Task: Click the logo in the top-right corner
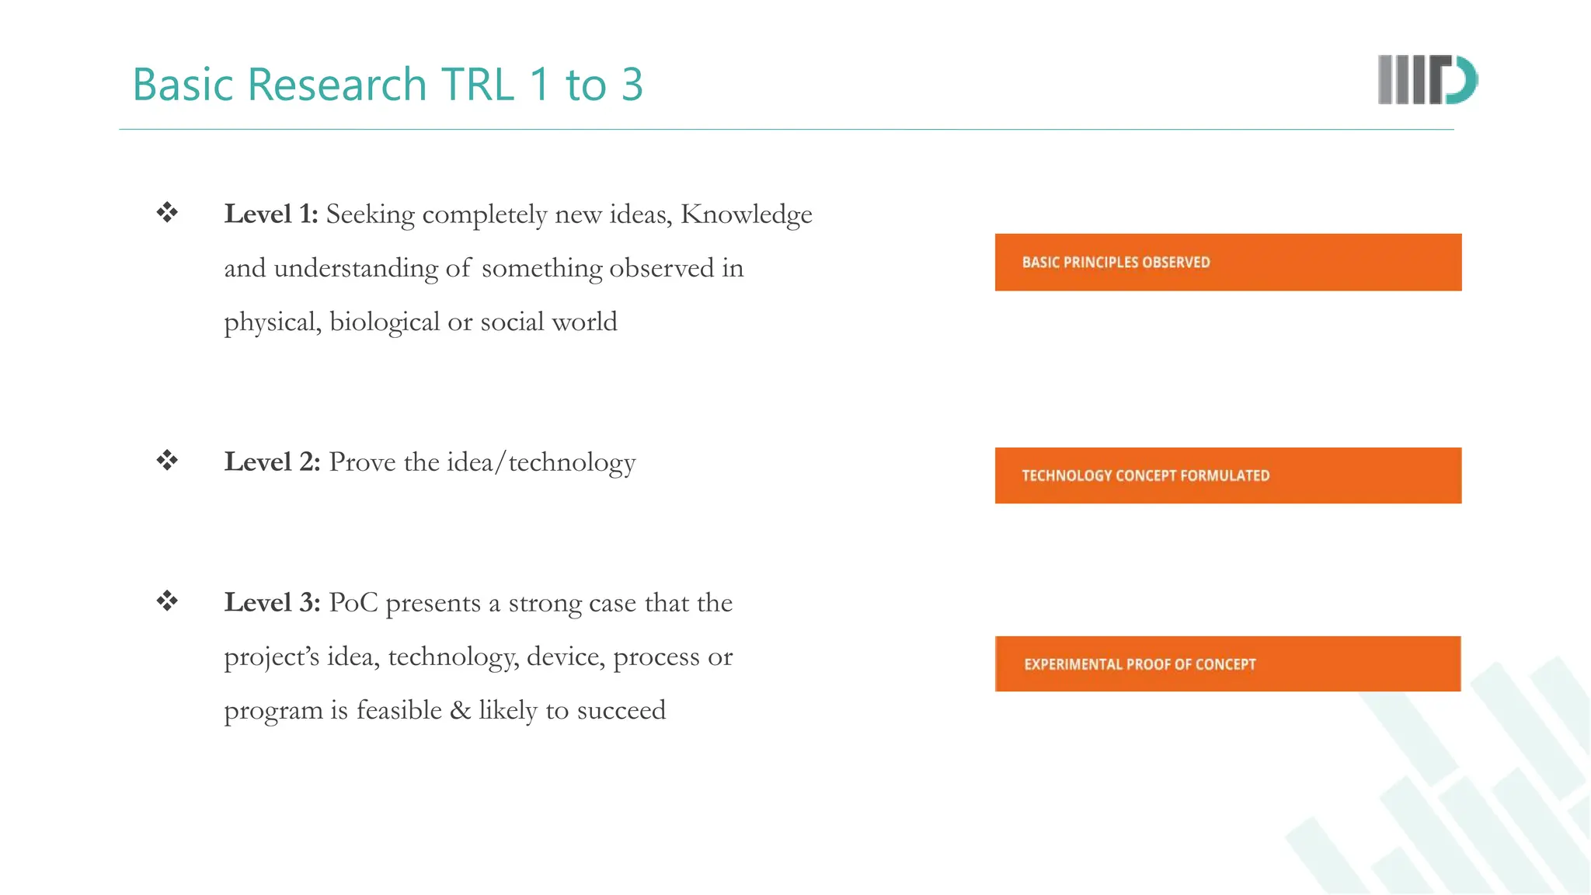coord(1427,79)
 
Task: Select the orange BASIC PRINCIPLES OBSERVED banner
coord(1227,263)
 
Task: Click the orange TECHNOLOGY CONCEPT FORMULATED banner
coord(1227,475)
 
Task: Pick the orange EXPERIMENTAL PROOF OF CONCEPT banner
coord(1227,664)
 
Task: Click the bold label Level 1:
coord(271,214)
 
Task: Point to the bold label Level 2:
coord(272,462)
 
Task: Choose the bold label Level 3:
coord(272,603)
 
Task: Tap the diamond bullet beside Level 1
coord(167,212)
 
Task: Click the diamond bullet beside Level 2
coord(167,460)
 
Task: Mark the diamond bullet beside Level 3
coord(167,601)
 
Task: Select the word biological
coord(385,322)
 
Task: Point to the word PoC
coord(353,603)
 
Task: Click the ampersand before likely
coord(460,710)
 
